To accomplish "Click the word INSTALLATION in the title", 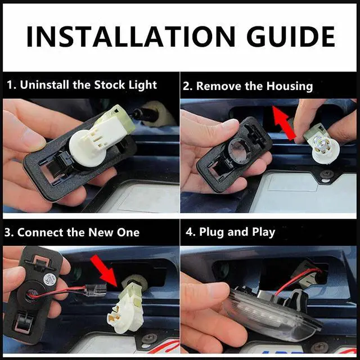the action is pos(131,37).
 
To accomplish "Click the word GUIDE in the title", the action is pos(291,37).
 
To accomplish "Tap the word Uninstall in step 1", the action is pos(44,85).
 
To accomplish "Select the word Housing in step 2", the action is pos(290,86).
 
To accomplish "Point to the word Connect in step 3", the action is pos(40,232).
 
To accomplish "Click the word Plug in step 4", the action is pos(211,232).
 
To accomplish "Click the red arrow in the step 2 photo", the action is pos(284,123).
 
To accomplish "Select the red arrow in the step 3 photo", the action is pos(105,271).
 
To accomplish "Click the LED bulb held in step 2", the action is pos(321,147).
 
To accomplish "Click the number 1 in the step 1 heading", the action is pos(10,85).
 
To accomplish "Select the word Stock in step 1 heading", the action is pos(109,85).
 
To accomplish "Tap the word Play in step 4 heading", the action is pos(263,232).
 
